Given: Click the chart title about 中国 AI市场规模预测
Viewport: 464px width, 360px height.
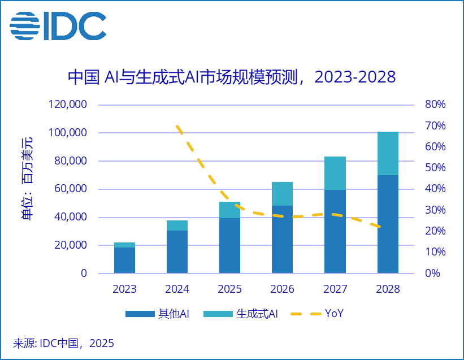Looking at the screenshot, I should [232, 77].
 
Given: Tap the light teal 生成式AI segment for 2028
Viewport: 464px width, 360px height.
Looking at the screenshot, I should [388, 153].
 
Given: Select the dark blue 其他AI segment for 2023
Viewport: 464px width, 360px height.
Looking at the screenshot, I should [124, 260].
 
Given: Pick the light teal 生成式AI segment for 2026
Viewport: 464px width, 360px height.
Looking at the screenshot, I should [282, 194].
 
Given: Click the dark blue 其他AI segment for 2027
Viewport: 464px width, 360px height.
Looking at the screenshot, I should [335, 231].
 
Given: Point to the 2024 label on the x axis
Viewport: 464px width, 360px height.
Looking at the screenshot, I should [177, 289].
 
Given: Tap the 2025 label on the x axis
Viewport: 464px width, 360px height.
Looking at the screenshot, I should [229, 289].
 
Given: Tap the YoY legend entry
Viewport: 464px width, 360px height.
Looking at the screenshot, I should [319, 314].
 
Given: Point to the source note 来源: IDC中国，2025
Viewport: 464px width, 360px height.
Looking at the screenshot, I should [63, 343].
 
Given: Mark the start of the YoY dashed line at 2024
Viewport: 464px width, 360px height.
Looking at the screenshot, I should [177, 126].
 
